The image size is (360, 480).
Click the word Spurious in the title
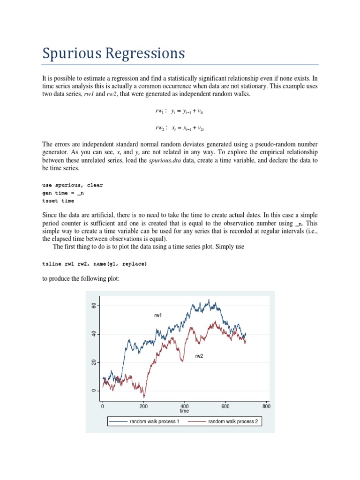point(70,53)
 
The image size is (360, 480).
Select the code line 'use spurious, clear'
point(72,185)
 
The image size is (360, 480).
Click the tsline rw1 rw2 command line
point(94,264)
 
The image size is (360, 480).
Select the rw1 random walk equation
point(179,112)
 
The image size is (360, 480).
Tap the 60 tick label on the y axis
point(94,306)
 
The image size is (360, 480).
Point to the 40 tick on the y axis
point(94,334)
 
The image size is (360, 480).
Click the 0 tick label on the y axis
point(94,390)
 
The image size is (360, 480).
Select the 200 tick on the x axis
point(143,406)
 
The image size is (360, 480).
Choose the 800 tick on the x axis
point(266,406)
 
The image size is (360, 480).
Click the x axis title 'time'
point(184,411)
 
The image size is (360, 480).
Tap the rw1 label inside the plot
point(158,315)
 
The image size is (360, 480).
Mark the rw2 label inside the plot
point(199,356)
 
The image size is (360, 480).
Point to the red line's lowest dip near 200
point(144,397)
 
